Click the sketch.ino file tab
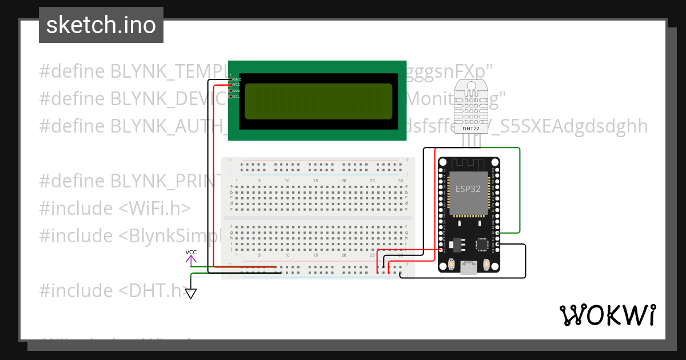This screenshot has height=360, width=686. point(101,25)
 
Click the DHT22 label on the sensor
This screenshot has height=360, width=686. point(470,129)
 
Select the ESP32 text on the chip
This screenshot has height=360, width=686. point(468,189)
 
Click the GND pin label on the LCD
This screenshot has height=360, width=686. point(237,79)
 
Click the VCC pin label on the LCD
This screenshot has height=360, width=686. point(236,85)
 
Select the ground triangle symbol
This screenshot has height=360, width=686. point(191,294)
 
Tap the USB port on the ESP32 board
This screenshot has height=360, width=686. point(469,267)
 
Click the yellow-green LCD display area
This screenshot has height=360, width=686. point(318,101)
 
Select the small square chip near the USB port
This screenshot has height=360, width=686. point(481,245)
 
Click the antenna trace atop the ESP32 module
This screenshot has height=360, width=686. point(469,163)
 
